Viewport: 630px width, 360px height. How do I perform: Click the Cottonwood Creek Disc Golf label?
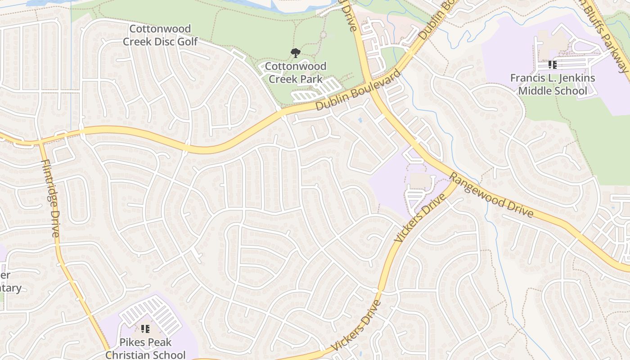click(160, 35)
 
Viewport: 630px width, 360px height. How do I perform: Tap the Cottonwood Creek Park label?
click(295, 72)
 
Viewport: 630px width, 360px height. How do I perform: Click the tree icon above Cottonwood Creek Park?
click(295, 54)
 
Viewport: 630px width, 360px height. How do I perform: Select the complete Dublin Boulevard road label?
click(358, 90)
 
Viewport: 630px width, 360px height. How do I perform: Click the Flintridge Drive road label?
click(50, 198)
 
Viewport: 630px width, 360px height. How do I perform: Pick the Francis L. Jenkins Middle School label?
click(553, 84)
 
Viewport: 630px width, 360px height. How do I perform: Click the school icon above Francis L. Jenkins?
click(553, 65)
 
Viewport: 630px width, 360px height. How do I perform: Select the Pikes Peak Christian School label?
click(145, 348)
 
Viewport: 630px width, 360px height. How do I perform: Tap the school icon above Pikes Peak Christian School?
click(145, 329)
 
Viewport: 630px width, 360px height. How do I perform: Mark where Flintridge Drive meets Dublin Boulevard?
click(41, 141)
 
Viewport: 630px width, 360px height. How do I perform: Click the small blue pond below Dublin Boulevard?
click(360, 120)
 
